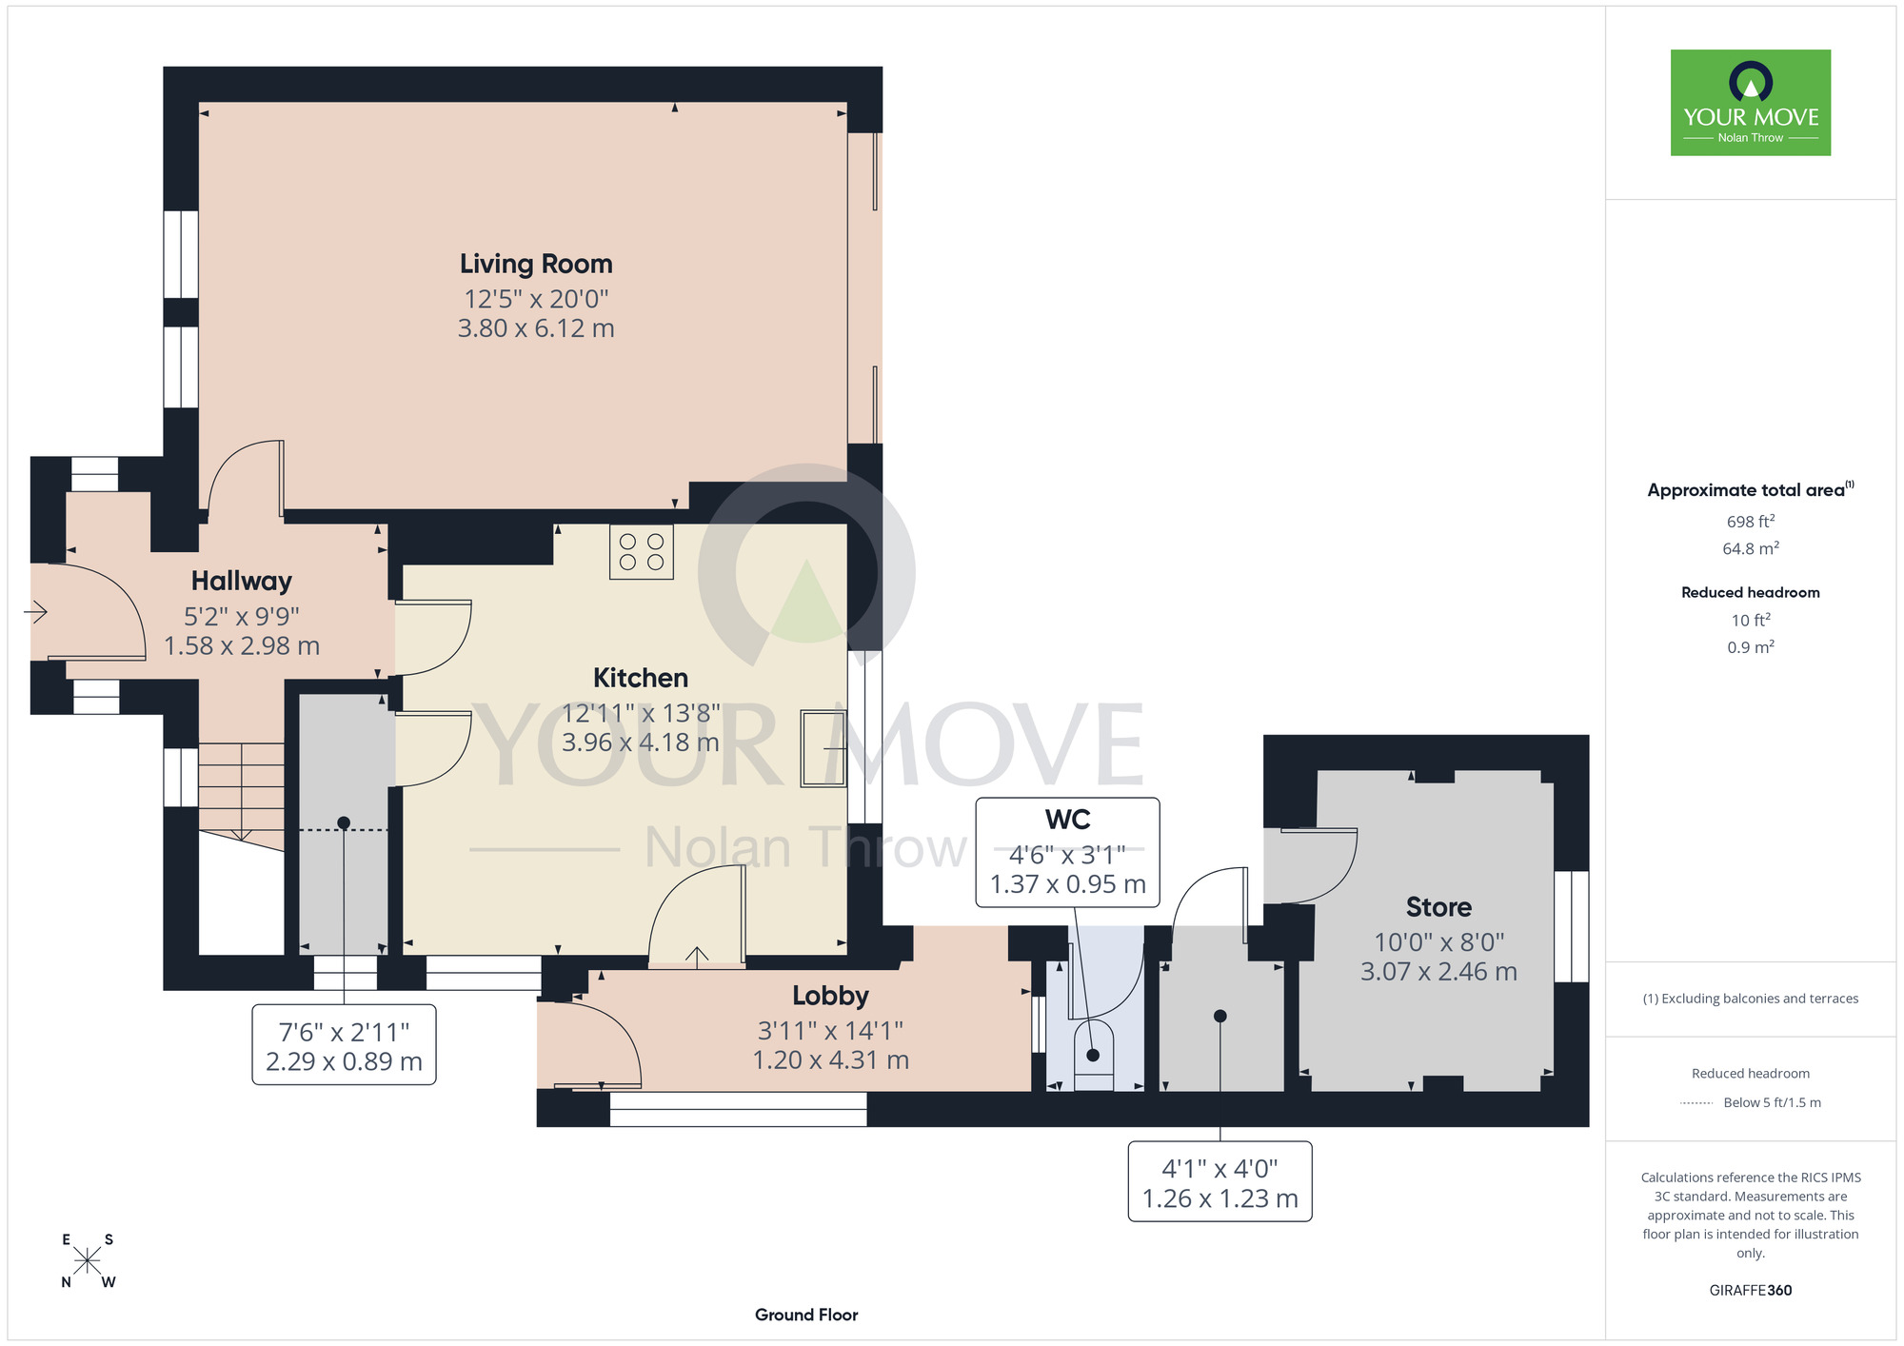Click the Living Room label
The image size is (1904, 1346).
536,264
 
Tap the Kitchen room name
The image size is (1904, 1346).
641,678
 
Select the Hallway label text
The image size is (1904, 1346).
242,581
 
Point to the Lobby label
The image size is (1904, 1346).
831,996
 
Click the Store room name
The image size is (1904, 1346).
1438,907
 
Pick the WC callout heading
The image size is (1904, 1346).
1068,820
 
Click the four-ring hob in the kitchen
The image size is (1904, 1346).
642,552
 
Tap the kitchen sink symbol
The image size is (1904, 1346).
823,748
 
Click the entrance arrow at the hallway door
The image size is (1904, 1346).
36,611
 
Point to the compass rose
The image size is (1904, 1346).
88,1260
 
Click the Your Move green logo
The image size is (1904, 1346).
1751,103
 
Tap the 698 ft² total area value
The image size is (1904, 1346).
1751,522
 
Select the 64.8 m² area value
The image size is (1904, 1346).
1751,548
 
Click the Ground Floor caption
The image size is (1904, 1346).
806,1315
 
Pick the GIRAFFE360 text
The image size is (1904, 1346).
1751,1291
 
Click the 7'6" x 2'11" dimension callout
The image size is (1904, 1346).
344,1045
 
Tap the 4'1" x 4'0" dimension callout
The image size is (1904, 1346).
1220,1182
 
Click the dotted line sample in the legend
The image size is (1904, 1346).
1696,1103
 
